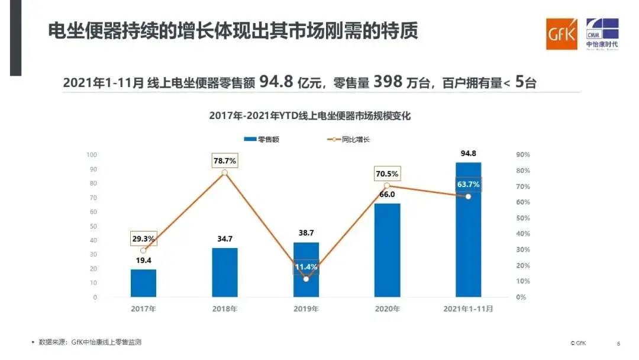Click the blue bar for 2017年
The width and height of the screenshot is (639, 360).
point(144,283)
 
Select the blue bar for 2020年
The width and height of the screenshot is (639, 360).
point(387,250)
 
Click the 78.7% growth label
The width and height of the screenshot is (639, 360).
point(224,160)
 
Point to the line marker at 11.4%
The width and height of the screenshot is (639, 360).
point(306,278)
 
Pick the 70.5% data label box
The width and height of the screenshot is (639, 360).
point(386,174)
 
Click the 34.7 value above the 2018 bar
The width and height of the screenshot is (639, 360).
point(225,240)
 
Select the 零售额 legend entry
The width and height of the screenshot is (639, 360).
point(262,140)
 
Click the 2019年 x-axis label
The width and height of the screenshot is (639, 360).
point(306,309)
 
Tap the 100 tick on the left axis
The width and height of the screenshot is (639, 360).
point(92,155)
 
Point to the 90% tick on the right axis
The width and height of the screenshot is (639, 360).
point(523,155)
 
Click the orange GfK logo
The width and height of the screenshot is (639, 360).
point(561,34)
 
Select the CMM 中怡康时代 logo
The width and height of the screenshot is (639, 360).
point(602,34)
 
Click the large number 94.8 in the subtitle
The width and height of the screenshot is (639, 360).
point(276,82)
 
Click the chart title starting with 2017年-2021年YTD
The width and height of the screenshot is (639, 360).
point(309,116)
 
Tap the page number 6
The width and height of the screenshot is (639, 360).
point(618,343)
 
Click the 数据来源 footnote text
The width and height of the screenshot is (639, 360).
point(89,342)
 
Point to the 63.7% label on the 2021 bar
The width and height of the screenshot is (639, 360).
point(468,185)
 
